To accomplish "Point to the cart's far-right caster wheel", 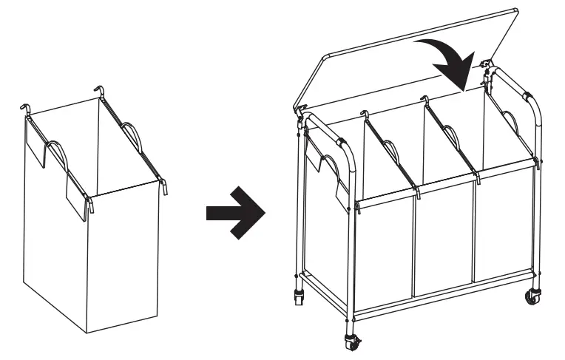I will [x=532, y=298].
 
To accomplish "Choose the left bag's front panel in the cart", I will [x=383, y=248].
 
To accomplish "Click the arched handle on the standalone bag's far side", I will [x=130, y=135].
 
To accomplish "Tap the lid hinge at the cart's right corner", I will [x=488, y=70].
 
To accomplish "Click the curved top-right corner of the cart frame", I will [x=531, y=100].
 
